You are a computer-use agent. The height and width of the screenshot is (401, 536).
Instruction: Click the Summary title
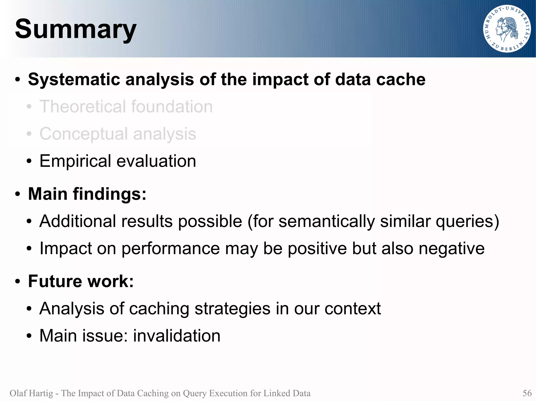pos(76,29)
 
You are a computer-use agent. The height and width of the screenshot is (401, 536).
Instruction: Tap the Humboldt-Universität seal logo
pos(507,29)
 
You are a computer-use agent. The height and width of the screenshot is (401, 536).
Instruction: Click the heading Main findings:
pos(87,194)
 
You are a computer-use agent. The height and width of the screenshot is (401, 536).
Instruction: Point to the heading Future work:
pos(81,281)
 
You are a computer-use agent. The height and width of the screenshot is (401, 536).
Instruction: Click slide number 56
pos(527,393)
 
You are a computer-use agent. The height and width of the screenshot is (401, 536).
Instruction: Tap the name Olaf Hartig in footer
pos(31,393)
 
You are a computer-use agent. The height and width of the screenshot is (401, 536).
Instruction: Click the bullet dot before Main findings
pos(18,195)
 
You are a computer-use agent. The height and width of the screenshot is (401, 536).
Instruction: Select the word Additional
pos(77,221)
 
